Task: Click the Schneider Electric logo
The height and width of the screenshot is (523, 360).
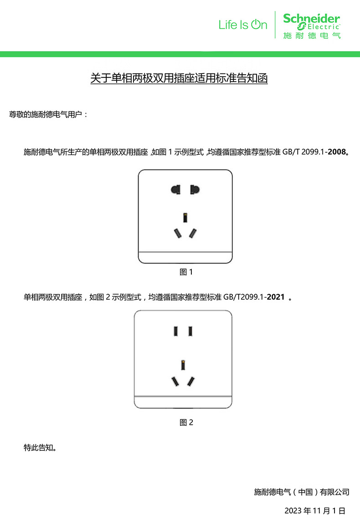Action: pyautogui.click(x=312, y=25)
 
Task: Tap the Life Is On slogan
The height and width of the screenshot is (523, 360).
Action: pyautogui.click(x=242, y=25)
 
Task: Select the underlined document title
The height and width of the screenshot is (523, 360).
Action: pyautogui.click(x=179, y=78)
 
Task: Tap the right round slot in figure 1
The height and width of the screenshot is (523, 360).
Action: pyautogui.click(x=195, y=189)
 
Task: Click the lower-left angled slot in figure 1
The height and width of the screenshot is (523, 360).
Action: pyautogui.click(x=176, y=233)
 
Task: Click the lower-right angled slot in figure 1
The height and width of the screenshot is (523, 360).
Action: pyautogui.click(x=194, y=233)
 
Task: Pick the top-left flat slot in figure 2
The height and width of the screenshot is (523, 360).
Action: pyautogui.click(x=175, y=331)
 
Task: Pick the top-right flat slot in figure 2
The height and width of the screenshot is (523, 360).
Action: pyautogui.click(x=190, y=331)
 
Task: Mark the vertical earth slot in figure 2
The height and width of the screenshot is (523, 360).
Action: pyautogui.click(x=183, y=365)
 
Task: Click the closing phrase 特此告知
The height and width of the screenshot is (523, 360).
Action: pyautogui.click(x=40, y=448)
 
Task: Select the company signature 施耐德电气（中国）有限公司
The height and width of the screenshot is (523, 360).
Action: pyautogui.click(x=302, y=492)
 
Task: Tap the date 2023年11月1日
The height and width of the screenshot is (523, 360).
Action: pyautogui.click(x=315, y=510)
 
